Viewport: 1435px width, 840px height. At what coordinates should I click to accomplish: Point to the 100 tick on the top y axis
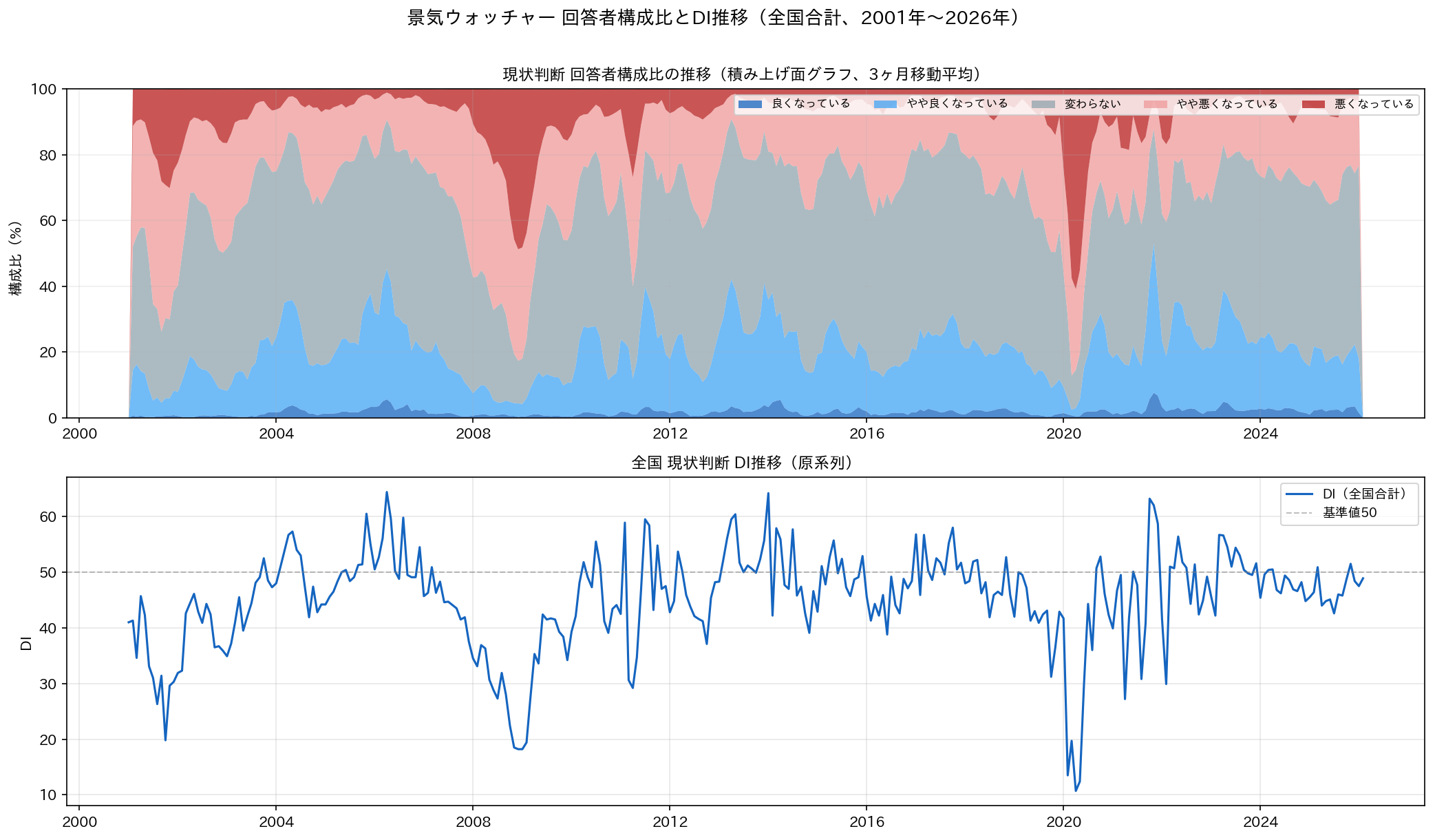coord(43,90)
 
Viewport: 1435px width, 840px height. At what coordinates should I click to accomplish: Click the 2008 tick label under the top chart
coord(473,434)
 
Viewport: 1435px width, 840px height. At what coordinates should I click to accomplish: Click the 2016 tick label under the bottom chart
coord(867,822)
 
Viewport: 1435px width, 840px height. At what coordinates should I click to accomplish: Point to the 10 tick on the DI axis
coord(48,795)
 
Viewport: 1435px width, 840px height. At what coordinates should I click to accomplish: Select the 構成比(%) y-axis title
coord(16,258)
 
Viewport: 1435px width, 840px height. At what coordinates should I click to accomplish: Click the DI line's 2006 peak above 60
coord(387,492)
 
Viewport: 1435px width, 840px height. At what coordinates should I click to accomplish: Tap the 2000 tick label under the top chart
coord(79,434)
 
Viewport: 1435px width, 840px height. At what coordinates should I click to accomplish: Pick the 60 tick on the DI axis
coord(48,516)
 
